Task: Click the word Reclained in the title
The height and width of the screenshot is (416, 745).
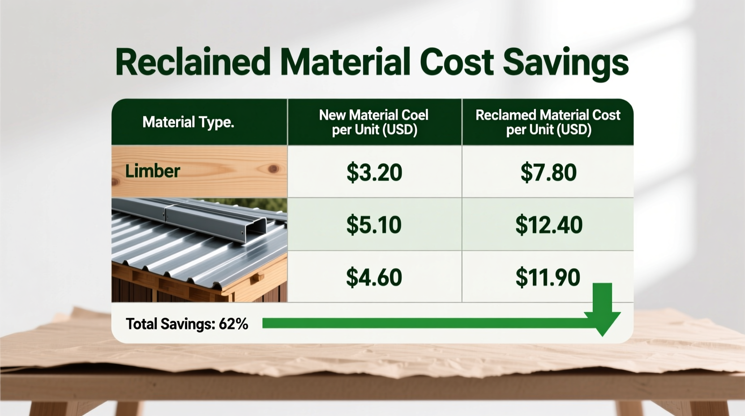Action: pyautogui.click(x=193, y=62)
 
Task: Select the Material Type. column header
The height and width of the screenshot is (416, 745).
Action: pyautogui.click(x=188, y=122)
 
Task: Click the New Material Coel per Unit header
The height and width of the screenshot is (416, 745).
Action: pyautogui.click(x=374, y=122)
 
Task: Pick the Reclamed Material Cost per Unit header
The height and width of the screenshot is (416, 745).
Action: pyautogui.click(x=548, y=122)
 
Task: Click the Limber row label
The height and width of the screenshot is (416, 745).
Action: pyautogui.click(x=152, y=171)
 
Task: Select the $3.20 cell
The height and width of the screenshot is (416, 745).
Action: pyautogui.click(x=374, y=172)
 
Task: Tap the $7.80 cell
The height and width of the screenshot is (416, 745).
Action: pyautogui.click(x=548, y=172)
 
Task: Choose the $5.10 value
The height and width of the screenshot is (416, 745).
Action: pyautogui.click(x=374, y=225)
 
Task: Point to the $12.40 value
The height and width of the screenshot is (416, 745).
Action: pyautogui.click(x=548, y=225)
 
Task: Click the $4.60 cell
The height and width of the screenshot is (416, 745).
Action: pyautogui.click(x=374, y=277)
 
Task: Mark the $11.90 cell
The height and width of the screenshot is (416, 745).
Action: pyautogui.click(x=548, y=277)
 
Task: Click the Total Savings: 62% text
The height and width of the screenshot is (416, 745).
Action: pyautogui.click(x=187, y=324)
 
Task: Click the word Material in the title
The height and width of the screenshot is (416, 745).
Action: pyautogui.click(x=345, y=62)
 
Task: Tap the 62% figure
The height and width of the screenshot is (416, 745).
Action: pyautogui.click(x=233, y=324)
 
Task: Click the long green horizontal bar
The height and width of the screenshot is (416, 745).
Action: pyautogui.click(x=425, y=323)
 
